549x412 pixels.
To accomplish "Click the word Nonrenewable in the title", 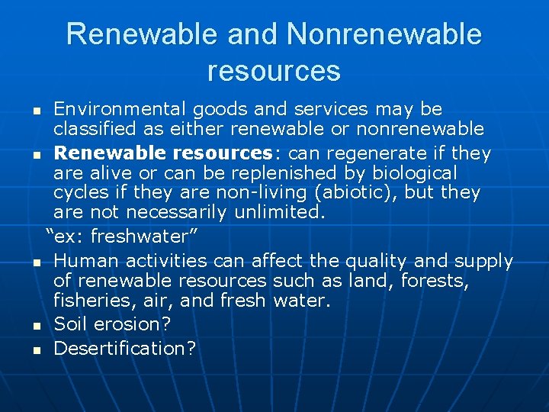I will click(384, 35).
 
